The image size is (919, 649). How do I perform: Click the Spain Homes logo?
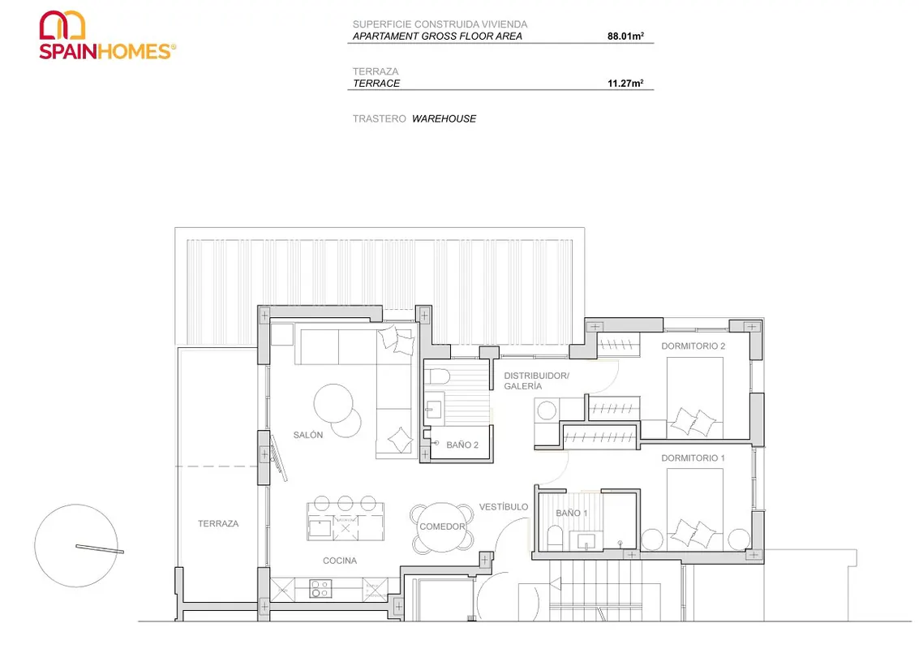click(x=107, y=35)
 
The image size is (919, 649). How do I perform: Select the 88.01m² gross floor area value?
click(x=625, y=36)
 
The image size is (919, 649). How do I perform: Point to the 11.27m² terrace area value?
click(x=625, y=84)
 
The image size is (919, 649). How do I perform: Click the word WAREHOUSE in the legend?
click(x=444, y=118)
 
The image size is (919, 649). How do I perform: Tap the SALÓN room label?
click(x=307, y=435)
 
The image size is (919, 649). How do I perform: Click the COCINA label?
click(x=339, y=561)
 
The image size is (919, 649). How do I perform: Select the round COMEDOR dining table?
click(x=442, y=527)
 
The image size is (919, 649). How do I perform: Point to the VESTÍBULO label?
click(x=504, y=506)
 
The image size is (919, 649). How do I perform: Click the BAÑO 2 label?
click(x=462, y=445)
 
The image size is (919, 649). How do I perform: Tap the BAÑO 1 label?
click(x=572, y=513)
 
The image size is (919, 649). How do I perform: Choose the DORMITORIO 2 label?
click(x=694, y=346)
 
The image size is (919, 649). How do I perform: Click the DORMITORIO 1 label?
click(x=693, y=458)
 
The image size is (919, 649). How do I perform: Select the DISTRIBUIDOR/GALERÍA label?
click(x=536, y=380)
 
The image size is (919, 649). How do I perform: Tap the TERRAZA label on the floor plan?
click(x=218, y=523)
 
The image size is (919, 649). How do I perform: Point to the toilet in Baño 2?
click(x=436, y=376)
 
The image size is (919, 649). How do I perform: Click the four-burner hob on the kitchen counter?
click(x=320, y=589)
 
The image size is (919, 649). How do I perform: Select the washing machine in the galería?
click(x=547, y=410)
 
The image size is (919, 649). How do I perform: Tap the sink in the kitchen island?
click(x=320, y=527)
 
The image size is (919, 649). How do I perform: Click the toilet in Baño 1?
click(x=555, y=538)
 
